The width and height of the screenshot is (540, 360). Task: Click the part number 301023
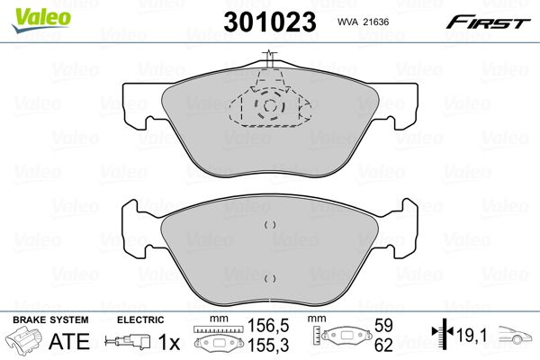pos(270,22)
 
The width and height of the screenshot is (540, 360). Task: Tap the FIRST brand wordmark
pos(488,22)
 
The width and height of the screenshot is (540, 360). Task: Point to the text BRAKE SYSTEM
pos(50,319)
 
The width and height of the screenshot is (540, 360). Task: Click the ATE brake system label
pos(69,341)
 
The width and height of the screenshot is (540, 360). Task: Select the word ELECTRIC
pos(140,319)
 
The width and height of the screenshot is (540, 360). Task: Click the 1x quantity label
pos(169,342)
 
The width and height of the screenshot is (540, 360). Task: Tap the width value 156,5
pos(268,325)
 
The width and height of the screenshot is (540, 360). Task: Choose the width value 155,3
pos(268,346)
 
